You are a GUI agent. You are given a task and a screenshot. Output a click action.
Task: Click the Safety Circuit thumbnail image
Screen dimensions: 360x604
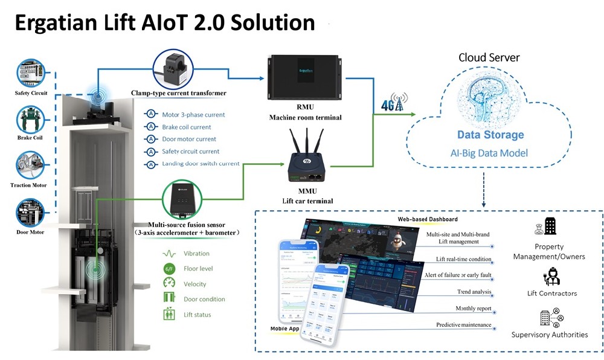coord(31,72)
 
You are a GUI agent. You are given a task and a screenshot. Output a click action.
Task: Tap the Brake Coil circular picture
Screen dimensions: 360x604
coord(31,118)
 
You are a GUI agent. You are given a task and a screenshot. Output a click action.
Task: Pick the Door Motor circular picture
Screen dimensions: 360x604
coord(31,212)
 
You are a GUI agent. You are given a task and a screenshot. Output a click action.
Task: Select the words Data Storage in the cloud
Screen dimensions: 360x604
coord(490,135)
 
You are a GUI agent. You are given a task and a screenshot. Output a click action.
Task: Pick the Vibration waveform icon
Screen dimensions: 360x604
coord(169,254)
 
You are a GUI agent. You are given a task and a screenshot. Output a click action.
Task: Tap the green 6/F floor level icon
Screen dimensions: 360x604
coord(169,269)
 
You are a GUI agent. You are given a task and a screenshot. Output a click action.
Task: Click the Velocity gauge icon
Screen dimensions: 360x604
coord(169,284)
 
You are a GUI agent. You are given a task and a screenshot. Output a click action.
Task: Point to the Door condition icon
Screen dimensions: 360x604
coord(169,299)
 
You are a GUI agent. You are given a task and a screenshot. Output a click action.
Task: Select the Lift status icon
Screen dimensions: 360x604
coord(169,314)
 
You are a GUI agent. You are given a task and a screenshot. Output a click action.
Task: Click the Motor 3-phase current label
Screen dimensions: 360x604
coord(193,115)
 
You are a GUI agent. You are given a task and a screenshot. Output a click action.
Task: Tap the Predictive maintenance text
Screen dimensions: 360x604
coord(463,325)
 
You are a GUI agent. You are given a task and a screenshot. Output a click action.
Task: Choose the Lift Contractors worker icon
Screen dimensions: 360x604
coord(550,277)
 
